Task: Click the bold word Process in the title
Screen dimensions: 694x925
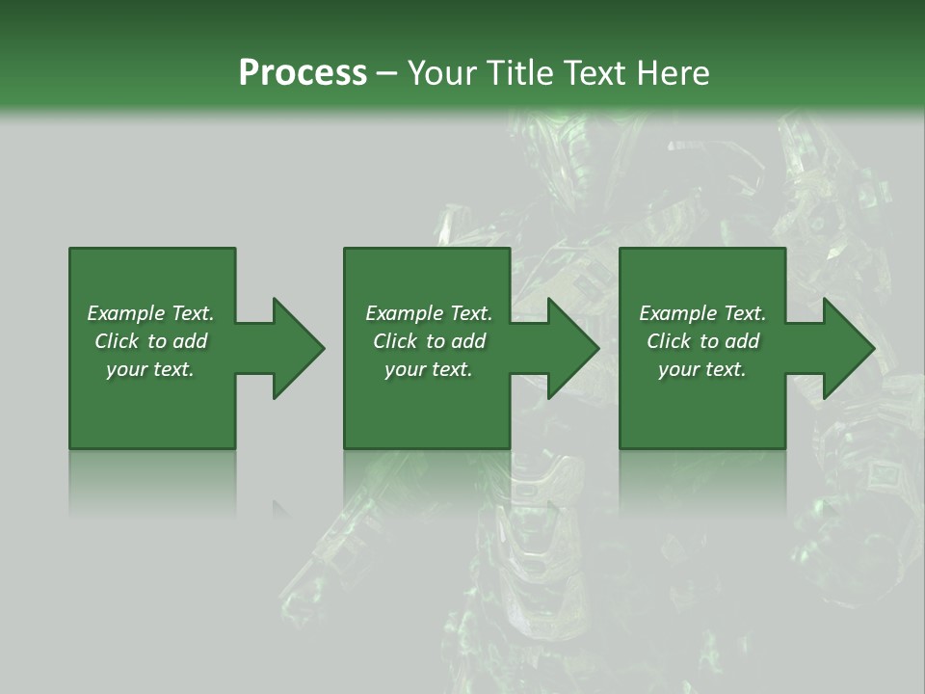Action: point(303,72)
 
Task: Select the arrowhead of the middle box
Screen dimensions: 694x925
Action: point(572,348)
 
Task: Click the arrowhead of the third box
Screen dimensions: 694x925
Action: point(848,348)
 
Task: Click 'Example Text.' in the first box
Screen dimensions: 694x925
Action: point(150,313)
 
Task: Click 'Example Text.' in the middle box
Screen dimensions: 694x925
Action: point(428,313)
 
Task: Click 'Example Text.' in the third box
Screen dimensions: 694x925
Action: point(702,313)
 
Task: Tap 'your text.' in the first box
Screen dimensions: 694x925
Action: point(150,369)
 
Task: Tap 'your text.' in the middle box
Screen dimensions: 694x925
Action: point(428,369)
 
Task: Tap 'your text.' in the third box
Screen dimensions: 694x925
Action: point(702,369)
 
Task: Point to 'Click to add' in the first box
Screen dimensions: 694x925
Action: point(150,341)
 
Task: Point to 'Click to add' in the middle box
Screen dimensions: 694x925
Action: point(428,341)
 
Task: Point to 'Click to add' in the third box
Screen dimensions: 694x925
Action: point(702,341)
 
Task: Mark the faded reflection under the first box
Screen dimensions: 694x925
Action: point(152,482)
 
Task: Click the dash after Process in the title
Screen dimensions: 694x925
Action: point(386,73)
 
